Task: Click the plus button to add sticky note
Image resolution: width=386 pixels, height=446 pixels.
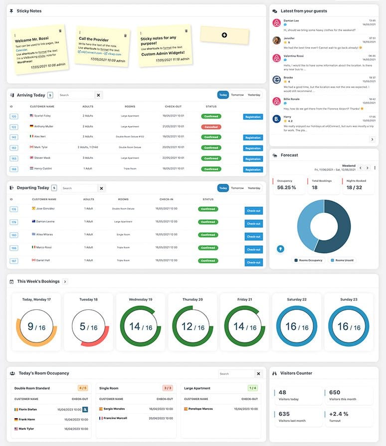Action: pyautogui.click(x=224, y=35)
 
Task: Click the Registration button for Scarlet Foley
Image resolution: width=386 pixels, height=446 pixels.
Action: pyautogui.click(x=253, y=117)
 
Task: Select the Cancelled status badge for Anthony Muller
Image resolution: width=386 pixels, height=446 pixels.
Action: pyautogui.click(x=211, y=127)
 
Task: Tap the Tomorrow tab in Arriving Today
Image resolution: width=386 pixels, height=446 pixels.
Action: pyautogui.click(x=237, y=95)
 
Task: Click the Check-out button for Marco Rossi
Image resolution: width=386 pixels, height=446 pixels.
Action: pyautogui.click(x=253, y=250)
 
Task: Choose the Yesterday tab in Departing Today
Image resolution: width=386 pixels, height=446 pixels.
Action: pyautogui.click(x=254, y=188)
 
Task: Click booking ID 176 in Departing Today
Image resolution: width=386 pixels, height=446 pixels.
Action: pyautogui.click(x=14, y=209)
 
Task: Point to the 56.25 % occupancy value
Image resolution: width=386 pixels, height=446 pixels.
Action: pyautogui.click(x=287, y=187)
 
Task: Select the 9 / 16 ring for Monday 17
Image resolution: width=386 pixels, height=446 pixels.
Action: pyautogui.click(x=36, y=327)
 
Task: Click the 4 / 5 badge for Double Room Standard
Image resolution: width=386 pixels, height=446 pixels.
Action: pyautogui.click(x=83, y=388)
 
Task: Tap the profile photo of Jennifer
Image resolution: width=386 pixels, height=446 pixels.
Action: pyautogui.click(x=277, y=40)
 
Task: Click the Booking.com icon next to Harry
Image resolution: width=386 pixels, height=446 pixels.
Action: pyautogui.click(x=277, y=119)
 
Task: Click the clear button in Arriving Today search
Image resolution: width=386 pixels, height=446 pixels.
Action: pyautogui.click(x=98, y=95)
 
